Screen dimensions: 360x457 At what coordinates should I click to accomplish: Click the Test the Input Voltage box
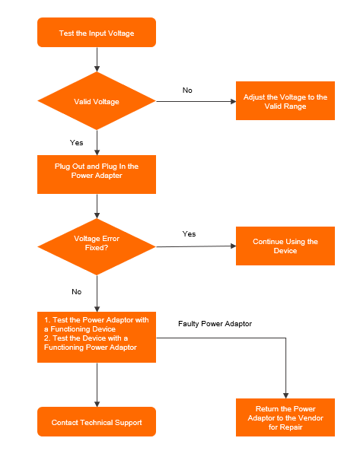pos(97,33)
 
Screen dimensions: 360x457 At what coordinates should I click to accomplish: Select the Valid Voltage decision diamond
pos(97,101)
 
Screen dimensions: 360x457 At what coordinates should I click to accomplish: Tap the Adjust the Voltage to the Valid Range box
pos(285,101)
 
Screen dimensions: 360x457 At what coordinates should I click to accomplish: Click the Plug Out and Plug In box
pos(97,174)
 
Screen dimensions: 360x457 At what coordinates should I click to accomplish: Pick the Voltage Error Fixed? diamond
pos(97,246)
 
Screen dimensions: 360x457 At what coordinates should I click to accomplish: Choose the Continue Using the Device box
pos(285,246)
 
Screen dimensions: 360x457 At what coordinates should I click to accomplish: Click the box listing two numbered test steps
pos(97,337)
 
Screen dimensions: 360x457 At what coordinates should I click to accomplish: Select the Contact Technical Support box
pos(97,422)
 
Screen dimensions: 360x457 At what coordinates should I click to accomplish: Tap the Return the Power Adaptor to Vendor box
pos(285,417)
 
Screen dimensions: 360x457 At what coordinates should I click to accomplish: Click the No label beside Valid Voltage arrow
pos(187,90)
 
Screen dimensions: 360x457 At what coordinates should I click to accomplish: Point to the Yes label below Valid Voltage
pos(76,143)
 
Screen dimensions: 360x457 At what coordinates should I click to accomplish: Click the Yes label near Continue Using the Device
pos(189,234)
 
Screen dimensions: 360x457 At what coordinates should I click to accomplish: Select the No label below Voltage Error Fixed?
pos(77,292)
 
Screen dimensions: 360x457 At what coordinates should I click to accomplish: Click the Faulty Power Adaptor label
pos(215,324)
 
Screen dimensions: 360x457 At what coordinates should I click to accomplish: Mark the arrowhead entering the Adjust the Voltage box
pos(234,101)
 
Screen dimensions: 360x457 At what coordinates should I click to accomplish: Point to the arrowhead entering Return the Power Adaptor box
pos(286,396)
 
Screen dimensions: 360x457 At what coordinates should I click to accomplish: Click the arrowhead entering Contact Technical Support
pos(97,405)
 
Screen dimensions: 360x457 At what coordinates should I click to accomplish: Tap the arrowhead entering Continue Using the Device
pos(234,246)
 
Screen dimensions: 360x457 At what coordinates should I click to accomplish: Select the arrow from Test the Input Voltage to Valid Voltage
pos(97,59)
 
